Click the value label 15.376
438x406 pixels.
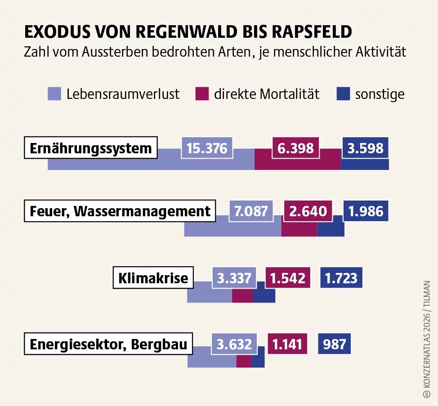207,148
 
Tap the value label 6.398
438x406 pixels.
295,148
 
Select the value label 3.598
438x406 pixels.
365,148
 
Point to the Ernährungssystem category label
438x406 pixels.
91,148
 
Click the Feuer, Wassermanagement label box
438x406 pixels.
120,211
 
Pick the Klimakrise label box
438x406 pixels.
153,278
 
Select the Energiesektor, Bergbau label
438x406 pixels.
108,344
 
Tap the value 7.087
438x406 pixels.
251,211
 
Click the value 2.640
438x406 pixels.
308,211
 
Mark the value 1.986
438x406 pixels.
366,211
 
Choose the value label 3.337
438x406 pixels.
234,278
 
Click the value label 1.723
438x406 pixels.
341,278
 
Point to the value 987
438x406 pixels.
334,344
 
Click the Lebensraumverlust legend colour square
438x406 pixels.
54,94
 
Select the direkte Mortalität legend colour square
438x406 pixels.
201,94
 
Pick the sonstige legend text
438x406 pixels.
380,94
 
